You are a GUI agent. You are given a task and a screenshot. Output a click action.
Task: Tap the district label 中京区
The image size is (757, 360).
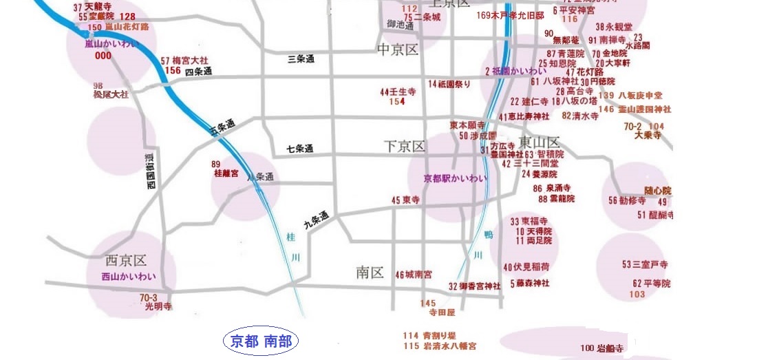(398, 50)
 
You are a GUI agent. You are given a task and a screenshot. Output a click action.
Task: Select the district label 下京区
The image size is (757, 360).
(405, 146)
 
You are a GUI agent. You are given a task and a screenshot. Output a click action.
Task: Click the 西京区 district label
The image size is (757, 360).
(126, 261)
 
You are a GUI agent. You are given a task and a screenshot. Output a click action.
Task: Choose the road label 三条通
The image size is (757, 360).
(301, 60)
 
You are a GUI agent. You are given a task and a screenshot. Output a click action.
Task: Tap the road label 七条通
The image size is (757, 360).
(300, 149)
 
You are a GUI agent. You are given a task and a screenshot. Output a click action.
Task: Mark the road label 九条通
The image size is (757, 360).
(317, 220)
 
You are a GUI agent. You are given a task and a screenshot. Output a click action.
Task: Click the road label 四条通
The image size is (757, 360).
(198, 72)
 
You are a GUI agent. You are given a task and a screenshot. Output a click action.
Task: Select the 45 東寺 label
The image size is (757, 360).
(405, 200)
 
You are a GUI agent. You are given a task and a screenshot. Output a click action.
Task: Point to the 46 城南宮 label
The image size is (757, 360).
(414, 275)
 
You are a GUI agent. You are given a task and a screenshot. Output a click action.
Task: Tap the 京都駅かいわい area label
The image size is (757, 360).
(456, 178)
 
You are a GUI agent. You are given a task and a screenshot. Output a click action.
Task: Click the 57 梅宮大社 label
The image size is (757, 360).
(181, 61)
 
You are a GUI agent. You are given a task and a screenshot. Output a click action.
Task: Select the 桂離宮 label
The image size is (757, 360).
(226, 174)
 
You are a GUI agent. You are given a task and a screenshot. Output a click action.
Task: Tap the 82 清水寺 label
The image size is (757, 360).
(580, 116)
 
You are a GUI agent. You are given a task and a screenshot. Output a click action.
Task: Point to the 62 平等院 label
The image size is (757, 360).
(651, 284)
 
